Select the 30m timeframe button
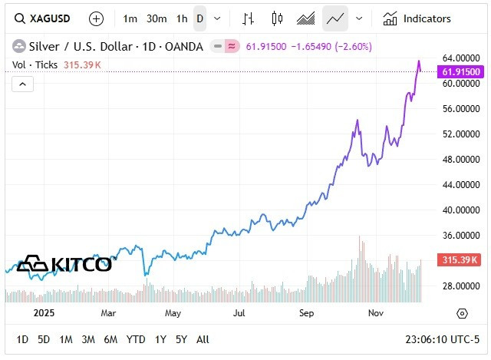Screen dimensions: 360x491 [157, 18]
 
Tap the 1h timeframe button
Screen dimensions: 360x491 [181, 18]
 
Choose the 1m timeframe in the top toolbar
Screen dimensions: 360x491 [130, 18]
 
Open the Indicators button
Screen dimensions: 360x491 [417, 18]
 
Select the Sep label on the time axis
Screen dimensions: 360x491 [307, 313]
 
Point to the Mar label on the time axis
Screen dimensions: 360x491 [108, 313]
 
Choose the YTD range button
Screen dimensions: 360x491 [136, 339]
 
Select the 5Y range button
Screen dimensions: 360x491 [181, 339]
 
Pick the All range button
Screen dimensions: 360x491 [203, 339]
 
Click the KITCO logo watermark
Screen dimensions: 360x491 [64, 264]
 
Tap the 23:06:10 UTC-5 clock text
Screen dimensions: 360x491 [443, 339]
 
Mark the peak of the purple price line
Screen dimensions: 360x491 [418, 61]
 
